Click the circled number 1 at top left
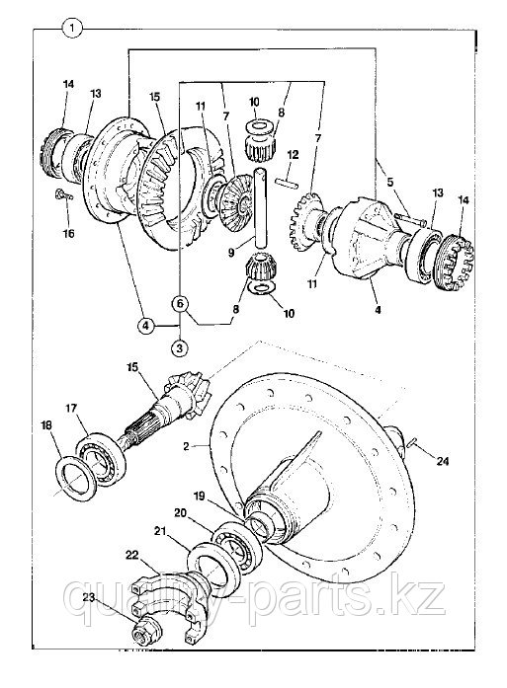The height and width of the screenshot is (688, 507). point(71,29)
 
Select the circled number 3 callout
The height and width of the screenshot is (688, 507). point(179,348)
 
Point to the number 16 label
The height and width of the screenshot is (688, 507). point(68,233)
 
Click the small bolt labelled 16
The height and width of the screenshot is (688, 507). point(63,194)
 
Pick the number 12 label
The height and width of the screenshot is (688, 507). point(293,154)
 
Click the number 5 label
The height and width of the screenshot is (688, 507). point(390,182)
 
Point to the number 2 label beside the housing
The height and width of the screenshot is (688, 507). point(186,447)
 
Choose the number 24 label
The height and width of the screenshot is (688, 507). point(443,461)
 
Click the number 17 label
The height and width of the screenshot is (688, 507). point(71,409)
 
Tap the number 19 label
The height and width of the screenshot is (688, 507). point(199,497)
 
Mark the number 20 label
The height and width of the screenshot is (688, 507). point(180,512)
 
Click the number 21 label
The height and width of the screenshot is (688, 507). point(160,531)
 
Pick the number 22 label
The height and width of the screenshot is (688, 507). point(131,555)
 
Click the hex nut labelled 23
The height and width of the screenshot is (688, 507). point(146,634)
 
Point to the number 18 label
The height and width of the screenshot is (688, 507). point(45,425)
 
